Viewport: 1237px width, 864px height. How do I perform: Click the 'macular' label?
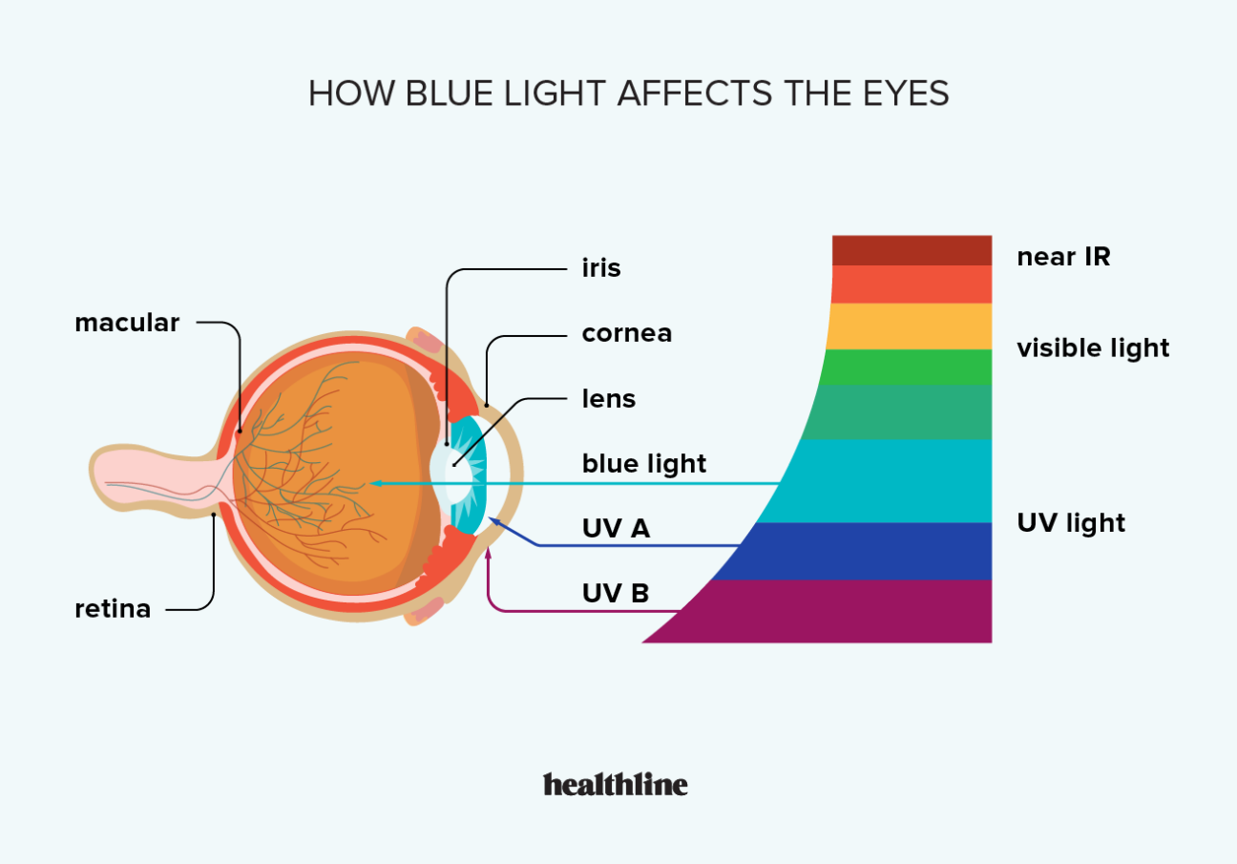(127, 323)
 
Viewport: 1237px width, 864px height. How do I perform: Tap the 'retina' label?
(113, 608)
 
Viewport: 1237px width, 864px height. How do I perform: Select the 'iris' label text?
(601, 268)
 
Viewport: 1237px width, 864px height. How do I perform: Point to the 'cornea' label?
(627, 333)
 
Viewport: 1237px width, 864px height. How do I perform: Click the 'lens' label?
(609, 398)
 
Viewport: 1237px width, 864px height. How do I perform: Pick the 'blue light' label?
(644, 464)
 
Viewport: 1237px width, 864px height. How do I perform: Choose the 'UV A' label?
(616, 529)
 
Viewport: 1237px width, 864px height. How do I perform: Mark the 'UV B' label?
(616, 594)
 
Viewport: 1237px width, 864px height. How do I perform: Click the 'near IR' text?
(1063, 257)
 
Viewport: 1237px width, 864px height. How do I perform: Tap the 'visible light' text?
(1093, 348)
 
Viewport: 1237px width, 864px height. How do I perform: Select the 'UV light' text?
(1071, 523)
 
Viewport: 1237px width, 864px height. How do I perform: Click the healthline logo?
(616, 785)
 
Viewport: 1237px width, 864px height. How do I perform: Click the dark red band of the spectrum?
(912, 250)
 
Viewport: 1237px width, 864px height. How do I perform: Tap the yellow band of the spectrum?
(909, 327)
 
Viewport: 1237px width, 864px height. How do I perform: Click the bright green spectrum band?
(907, 367)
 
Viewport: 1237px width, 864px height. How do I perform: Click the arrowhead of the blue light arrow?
(375, 484)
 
